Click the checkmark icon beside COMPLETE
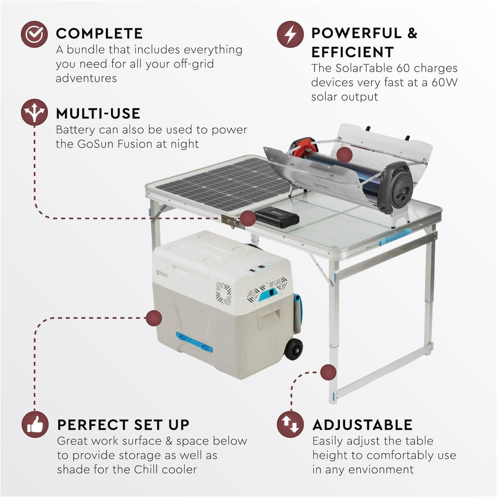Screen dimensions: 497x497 click(x=34, y=34)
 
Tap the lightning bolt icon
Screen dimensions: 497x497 click(x=290, y=34)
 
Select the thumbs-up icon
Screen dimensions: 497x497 click(x=34, y=425)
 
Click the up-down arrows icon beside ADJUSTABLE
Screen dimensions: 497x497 click(x=290, y=425)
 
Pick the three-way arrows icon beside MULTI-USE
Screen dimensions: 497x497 click(x=34, y=113)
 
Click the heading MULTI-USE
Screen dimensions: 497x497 click(x=98, y=113)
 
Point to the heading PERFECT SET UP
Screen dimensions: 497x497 click(x=123, y=425)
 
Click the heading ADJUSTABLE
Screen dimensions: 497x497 click(x=362, y=425)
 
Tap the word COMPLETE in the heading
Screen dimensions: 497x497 click(x=99, y=33)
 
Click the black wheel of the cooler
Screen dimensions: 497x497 click(x=294, y=349)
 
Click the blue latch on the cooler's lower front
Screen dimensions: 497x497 click(x=194, y=342)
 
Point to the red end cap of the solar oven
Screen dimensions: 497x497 click(x=303, y=147)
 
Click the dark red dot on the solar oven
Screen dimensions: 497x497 click(x=344, y=155)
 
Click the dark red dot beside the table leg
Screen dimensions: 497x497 click(x=328, y=372)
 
